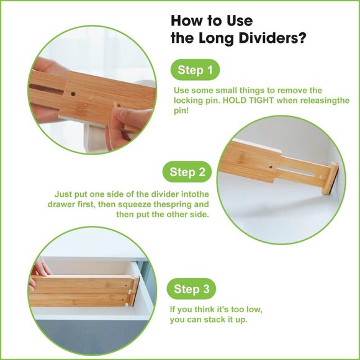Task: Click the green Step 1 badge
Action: [195, 70]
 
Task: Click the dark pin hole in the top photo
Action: [73, 95]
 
